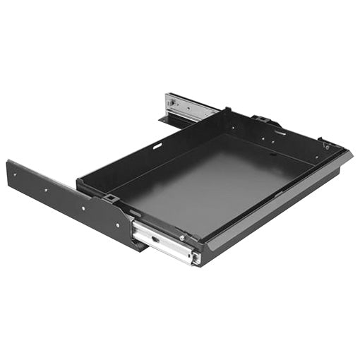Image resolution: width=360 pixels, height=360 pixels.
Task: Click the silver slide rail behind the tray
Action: pyautogui.click(x=189, y=105)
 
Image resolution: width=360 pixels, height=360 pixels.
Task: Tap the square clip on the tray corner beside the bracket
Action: pyautogui.click(x=111, y=200)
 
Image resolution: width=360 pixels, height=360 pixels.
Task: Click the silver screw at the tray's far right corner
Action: pyautogui.click(x=327, y=146)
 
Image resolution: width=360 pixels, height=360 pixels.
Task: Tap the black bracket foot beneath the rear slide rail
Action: pyautogui.click(x=168, y=121)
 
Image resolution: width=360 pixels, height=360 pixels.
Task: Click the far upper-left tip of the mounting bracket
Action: pyautogui.click(x=8, y=162)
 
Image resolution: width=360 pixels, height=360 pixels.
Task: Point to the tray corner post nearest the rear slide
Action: pyautogui.click(x=227, y=110)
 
